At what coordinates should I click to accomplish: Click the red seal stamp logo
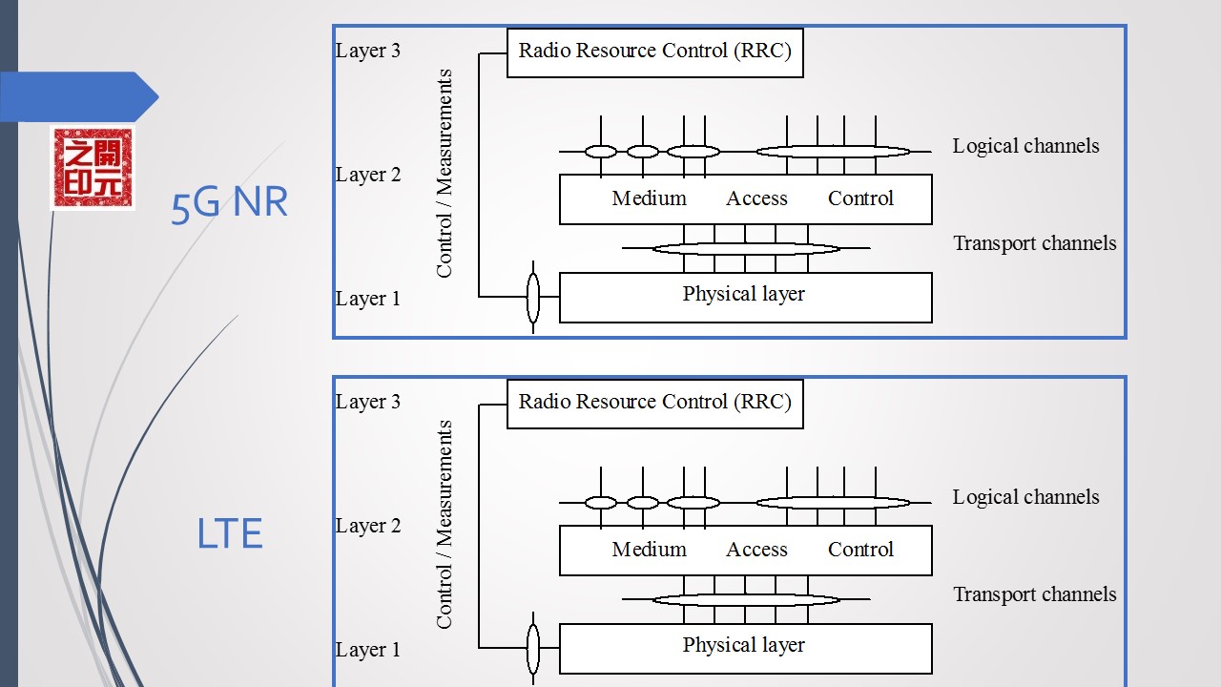93,167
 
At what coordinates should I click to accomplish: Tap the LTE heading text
229,534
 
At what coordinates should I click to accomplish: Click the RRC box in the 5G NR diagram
654,52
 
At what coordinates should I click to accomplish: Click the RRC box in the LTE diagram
654,403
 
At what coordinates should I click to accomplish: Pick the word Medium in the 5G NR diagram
649,198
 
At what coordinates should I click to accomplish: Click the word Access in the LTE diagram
756,550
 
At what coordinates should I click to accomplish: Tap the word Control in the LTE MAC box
860,550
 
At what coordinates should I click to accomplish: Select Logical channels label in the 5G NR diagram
1025,146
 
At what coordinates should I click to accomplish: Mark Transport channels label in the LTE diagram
1034,594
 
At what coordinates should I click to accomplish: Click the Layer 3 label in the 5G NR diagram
368,51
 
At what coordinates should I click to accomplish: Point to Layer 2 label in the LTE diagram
368,526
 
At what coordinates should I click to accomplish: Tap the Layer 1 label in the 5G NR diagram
368,299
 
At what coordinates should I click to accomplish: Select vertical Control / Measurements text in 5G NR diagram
445,174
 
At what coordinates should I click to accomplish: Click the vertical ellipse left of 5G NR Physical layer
533,297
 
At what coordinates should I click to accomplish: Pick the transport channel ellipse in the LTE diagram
745,599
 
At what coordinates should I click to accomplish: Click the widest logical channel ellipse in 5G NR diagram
833,151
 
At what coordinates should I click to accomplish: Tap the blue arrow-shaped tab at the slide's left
81,96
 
